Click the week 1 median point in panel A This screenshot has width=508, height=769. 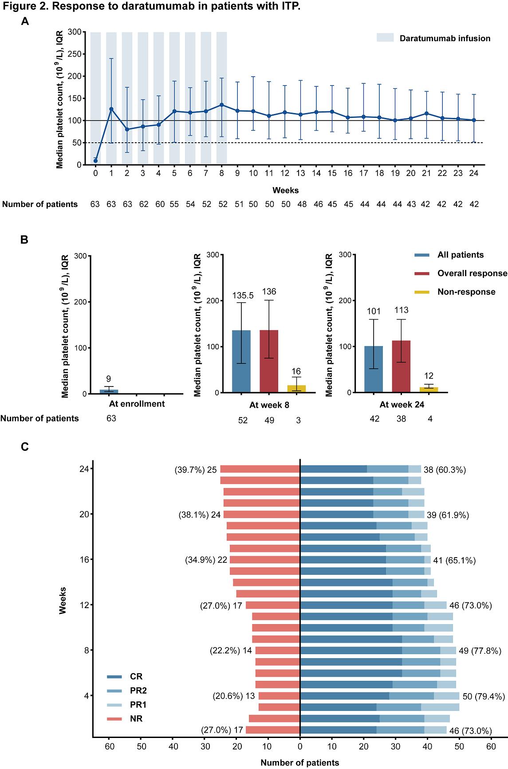(111, 109)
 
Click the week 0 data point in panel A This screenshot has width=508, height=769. (95, 160)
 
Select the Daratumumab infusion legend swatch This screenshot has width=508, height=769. (385, 38)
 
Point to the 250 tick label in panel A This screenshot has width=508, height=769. (75, 54)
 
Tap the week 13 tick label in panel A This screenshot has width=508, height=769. (300, 173)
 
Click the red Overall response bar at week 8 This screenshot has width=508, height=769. (268, 361)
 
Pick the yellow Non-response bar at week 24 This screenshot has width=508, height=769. (429, 390)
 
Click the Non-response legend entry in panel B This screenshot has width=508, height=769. (466, 292)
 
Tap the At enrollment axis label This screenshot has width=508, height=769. (137, 404)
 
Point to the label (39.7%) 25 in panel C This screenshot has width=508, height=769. (196, 470)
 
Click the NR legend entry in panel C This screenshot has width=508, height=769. (136, 719)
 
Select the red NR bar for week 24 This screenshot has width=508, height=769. (260, 469)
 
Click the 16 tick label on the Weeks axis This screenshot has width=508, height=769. (84, 559)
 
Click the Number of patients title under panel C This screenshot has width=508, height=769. (299, 763)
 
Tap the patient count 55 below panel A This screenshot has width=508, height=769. (174, 204)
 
